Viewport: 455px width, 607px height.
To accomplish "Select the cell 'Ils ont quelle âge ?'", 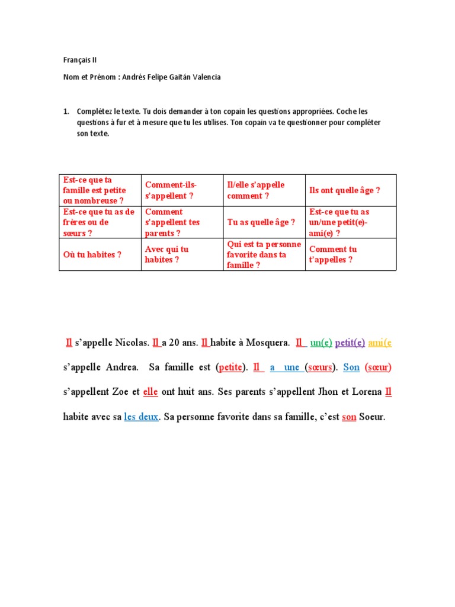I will tap(344, 190).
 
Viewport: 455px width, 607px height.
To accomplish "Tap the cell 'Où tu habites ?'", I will tap(92, 254).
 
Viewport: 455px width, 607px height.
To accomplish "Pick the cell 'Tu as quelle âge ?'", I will tap(261, 222).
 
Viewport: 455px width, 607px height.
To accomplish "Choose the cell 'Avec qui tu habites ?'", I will tap(167, 254).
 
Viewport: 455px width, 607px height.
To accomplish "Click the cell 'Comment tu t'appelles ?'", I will tap(333, 254).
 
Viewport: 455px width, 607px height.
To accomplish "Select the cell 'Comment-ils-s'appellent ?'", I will tap(171, 190).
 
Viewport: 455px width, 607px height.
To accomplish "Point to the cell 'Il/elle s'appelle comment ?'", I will tap(256, 190).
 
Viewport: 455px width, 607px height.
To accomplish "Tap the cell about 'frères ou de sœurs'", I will tap(98, 222).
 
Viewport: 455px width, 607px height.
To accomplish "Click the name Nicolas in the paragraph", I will tap(130, 343).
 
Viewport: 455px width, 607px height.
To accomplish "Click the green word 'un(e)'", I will tap(321, 343).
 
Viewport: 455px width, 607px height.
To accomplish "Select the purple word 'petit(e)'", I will tap(350, 343).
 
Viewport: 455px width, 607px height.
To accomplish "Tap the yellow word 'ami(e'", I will tap(380, 343).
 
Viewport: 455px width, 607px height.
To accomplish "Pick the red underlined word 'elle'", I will tap(150, 392).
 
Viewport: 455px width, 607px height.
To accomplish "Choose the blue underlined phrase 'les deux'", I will tap(141, 417).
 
